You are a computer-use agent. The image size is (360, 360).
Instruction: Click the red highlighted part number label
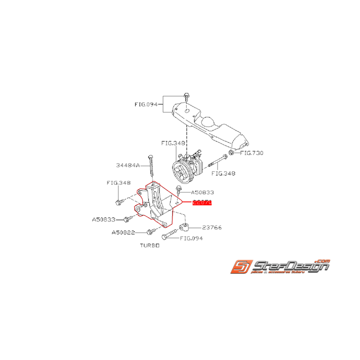coord(202,202)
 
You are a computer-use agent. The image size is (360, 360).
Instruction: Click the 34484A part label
coord(127,165)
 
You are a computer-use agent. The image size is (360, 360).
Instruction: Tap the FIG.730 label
coord(251,153)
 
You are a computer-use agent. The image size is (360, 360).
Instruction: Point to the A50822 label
coord(123,232)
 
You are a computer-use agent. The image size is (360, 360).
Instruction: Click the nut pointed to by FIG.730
coord(231,153)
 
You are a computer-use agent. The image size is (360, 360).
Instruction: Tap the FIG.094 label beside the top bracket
coord(146,104)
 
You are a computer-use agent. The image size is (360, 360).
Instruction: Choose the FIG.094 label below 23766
coord(191,238)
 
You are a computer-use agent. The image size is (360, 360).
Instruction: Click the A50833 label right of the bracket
coord(202,192)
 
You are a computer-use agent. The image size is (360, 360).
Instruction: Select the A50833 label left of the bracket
coord(104,219)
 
